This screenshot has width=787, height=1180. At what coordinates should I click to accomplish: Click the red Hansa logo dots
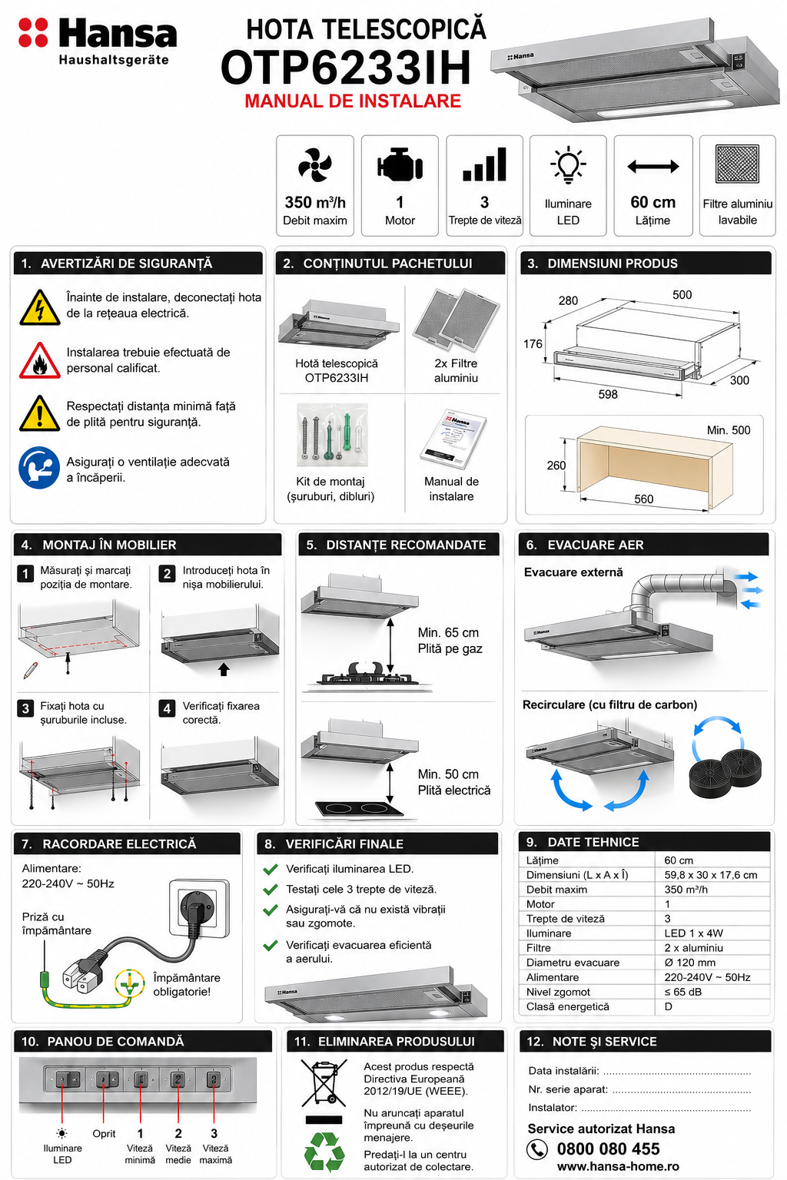pyautogui.click(x=33, y=33)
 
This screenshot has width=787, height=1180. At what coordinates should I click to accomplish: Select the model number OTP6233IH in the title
pyautogui.click(x=346, y=68)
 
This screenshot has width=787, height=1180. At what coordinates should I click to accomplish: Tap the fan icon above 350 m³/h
pyautogui.click(x=314, y=165)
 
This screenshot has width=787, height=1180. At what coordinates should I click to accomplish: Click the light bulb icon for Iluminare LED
pyautogui.click(x=568, y=164)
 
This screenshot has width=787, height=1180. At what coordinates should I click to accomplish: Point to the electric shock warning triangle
pyautogui.click(x=39, y=307)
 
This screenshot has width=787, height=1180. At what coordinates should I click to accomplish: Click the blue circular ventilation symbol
pyautogui.click(x=39, y=468)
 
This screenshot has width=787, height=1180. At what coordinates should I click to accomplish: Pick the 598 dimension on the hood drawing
pyautogui.click(x=608, y=394)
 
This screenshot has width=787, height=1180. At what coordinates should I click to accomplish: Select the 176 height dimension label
pyautogui.click(x=533, y=344)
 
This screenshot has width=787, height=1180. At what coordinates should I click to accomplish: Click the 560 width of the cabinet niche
pyautogui.click(x=643, y=499)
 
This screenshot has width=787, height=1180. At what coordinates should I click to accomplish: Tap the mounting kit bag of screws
pyautogui.click(x=332, y=435)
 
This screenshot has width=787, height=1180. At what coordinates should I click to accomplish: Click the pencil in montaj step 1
pyautogui.click(x=31, y=670)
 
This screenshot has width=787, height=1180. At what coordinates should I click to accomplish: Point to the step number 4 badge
pyautogui.click(x=167, y=708)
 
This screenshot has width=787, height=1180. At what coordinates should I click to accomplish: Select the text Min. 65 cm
pyautogui.click(x=448, y=633)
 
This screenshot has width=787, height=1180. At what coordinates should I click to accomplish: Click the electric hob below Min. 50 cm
pyautogui.click(x=358, y=808)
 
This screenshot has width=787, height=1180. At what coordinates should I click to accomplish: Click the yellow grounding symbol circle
pyautogui.click(x=130, y=983)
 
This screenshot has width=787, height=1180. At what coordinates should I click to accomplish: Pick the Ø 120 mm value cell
pyautogui.click(x=689, y=963)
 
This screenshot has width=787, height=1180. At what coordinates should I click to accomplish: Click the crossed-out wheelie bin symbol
pyautogui.click(x=324, y=1083)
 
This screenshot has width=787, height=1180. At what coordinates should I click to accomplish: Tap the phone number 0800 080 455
pyautogui.click(x=608, y=1149)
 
